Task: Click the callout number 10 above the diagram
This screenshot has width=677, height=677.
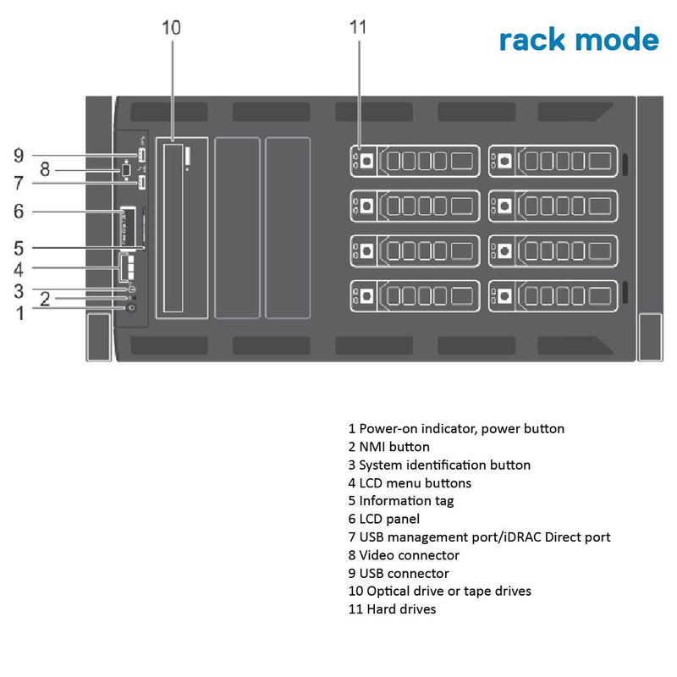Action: [x=171, y=27]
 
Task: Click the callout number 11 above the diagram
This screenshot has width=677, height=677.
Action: [x=357, y=27]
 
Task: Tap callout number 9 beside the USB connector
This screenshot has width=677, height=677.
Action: [x=19, y=155]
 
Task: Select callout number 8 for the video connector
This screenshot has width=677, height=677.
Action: [x=46, y=169]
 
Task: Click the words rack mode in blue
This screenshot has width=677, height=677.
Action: [x=578, y=39]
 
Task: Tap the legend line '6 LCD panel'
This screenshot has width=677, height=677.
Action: [x=383, y=519]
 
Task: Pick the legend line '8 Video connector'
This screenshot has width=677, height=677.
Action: [x=404, y=555]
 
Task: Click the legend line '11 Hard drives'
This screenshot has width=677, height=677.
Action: [x=392, y=609]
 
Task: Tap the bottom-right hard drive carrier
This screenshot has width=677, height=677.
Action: [x=553, y=296]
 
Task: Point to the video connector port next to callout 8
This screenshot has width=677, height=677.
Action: [x=124, y=169]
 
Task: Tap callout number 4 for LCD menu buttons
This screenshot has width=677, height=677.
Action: [x=19, y=269]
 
